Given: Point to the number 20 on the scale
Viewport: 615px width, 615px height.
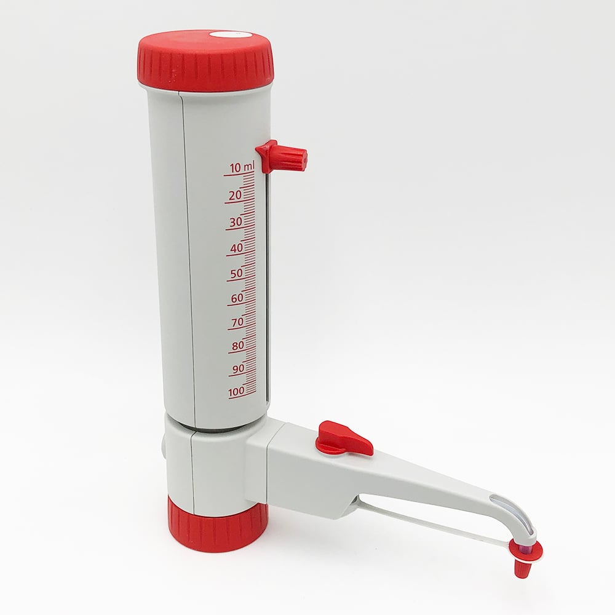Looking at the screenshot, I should pyautogui.click(x=234, y=195).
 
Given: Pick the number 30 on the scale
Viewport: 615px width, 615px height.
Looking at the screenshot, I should pyautogui.click(x=235, y=222).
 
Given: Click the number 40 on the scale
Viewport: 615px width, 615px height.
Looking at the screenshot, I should pyautogui.click(x=236, y=248).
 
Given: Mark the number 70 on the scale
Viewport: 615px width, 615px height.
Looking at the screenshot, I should pyautogui.click(x=237, y=322).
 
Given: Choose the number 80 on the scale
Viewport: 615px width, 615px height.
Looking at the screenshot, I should pyautogui.click(x=238, y=346).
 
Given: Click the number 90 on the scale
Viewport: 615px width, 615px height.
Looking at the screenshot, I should pyautogui.click(x=238, y=368).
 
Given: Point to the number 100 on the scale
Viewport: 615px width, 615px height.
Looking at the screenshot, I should pyautogui.click(x=236, y=391).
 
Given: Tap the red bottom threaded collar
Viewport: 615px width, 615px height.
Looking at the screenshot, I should pyautogui.click(x=218, y=526).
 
